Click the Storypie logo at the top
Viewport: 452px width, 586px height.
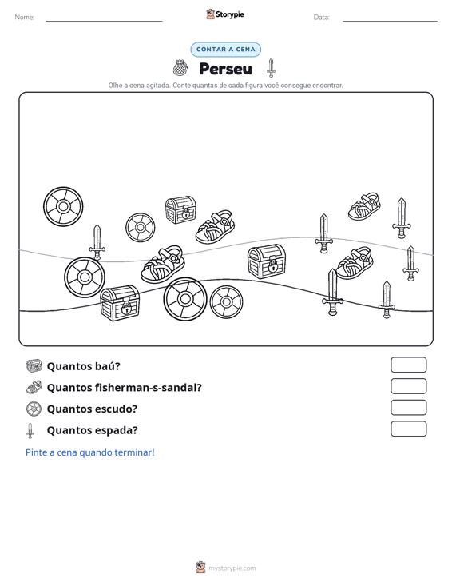click(x=225, y=14)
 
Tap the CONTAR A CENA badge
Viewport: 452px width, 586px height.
click(x=225, y=50)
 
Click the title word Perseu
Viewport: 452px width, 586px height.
click(x=225, y=69)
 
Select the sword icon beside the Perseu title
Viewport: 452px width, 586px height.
click(x=271, y=68)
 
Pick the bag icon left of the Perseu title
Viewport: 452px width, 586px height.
click(x=180, y=68)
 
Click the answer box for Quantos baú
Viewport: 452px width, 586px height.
click(x=408, y=365)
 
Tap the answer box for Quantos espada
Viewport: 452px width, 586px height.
click(x=408, y=429)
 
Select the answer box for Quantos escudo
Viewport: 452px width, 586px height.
click(x=408, y=408)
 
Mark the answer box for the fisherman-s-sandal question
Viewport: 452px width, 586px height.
click(x=408, y=386)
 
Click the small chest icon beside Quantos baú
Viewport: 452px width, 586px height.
click(x=34, y=365)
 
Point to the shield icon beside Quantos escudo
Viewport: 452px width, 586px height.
click(x=34, y=409)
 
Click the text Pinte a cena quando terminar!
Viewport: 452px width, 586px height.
click(x=90, y=452)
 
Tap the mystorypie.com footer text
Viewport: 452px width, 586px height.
click(x=232, y=568)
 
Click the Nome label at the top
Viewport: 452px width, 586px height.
click(x=25, y=18)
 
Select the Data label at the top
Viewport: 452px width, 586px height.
click(x=321, y=18)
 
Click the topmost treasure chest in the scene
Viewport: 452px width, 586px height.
click(x=180, y=210)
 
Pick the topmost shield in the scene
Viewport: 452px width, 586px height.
click(x=63, y=207)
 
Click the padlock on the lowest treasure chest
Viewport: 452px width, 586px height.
click(x=126, y=308)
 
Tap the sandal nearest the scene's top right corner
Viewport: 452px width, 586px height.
click(x=364, y=206)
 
